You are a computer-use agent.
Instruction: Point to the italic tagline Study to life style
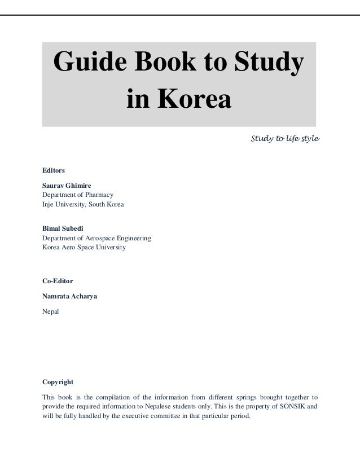tap(285, 138)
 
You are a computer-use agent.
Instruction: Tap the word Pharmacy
tap(100, 195)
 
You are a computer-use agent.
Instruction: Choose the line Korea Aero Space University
tap(84, 248)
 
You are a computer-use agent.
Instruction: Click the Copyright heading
tap(58, 381)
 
